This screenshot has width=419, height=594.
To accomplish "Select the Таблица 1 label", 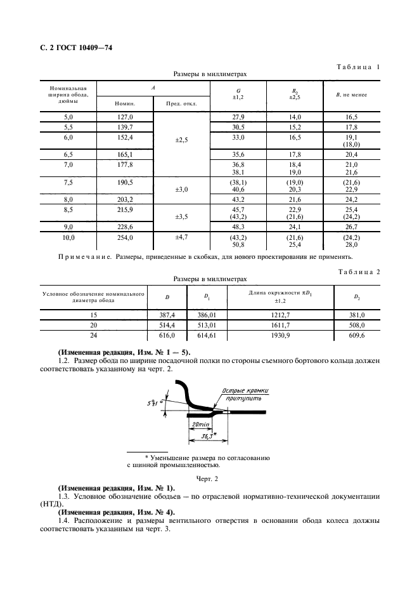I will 359,67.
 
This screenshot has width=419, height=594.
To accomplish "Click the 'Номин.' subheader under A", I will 125,103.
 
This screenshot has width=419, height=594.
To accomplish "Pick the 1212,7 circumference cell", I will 281,313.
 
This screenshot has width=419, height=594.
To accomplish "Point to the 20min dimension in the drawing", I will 200,423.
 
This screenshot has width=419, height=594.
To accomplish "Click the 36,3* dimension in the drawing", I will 204,437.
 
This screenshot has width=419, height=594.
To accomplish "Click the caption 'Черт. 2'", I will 209,477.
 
